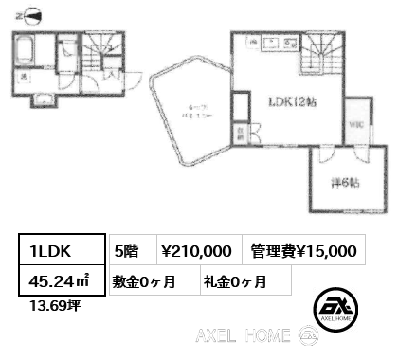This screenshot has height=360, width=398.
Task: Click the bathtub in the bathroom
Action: click(26, 49)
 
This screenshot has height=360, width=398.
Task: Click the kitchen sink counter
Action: click(275, 43)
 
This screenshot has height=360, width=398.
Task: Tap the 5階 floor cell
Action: click(126, 250)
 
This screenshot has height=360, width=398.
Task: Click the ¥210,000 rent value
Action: click(194, 250)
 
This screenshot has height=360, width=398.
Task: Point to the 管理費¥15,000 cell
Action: click(303, 250)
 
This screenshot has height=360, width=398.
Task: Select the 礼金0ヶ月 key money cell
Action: click(234, 281)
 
